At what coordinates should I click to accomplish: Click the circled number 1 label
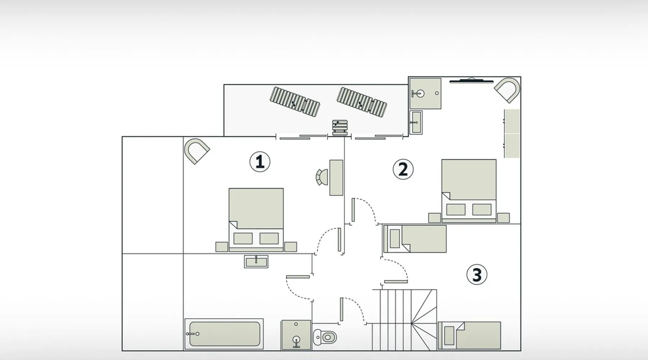[260, 162]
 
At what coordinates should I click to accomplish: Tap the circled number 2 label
[403, 169]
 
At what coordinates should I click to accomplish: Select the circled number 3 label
[477, 275]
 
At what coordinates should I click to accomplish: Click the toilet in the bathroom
[325, 337]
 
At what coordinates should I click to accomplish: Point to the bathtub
[224, 334]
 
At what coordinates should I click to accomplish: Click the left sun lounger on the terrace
[295, 102]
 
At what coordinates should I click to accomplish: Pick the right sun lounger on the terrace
[362, 102]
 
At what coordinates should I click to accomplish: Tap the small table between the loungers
[339, 128]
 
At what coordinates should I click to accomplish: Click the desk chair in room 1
[322, 177]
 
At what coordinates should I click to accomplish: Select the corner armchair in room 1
[196, 150]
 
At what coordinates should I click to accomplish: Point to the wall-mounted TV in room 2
[471, 80]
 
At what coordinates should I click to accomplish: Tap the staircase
[404, 320]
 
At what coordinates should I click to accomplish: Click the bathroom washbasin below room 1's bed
[256, 261]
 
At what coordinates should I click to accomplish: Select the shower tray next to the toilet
[296, 335]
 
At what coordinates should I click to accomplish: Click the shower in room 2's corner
[425, 93]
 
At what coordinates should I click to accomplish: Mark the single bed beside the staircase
[469, 335]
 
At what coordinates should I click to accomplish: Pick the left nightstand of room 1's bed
[221, 247]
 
